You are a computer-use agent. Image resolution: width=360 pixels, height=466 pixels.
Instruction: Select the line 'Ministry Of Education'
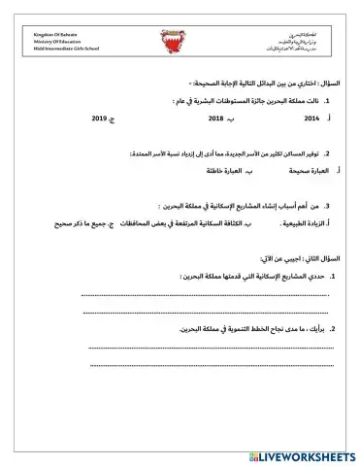[x=52, y=42]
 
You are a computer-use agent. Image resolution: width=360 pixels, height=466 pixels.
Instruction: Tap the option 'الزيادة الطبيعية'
[x=303, y=224]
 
